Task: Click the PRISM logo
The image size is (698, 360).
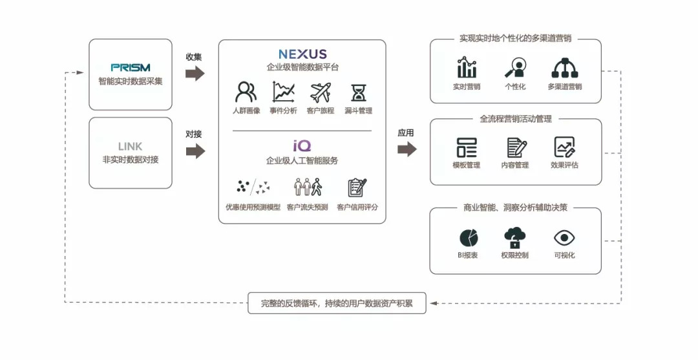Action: point(130,67)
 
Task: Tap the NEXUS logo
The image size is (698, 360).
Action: point(302,54)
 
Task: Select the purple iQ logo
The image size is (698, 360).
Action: point(302,146)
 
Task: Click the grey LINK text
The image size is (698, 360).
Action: point(130,147)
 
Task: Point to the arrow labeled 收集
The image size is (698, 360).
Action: point(195,73)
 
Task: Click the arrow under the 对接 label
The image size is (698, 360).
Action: point(195,151)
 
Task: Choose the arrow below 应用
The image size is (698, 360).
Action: point(407,149)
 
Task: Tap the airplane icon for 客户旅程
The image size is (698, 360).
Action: point(320,92)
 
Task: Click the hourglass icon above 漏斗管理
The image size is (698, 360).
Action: point(358,93)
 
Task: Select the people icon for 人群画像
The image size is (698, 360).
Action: point(246,92)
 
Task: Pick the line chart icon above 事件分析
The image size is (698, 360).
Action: point(283,92)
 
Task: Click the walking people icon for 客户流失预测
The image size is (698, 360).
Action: point(308,187)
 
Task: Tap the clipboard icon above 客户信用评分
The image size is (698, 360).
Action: point(357,187)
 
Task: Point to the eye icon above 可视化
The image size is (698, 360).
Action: point(564,238)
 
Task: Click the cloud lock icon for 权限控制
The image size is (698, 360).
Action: point(514,238)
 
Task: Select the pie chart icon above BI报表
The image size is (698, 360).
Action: point(469,238)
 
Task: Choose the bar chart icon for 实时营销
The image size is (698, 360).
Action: point(466,68)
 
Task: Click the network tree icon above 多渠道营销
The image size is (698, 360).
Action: point(564,68)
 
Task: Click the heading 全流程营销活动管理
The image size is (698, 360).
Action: point(515,119)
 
